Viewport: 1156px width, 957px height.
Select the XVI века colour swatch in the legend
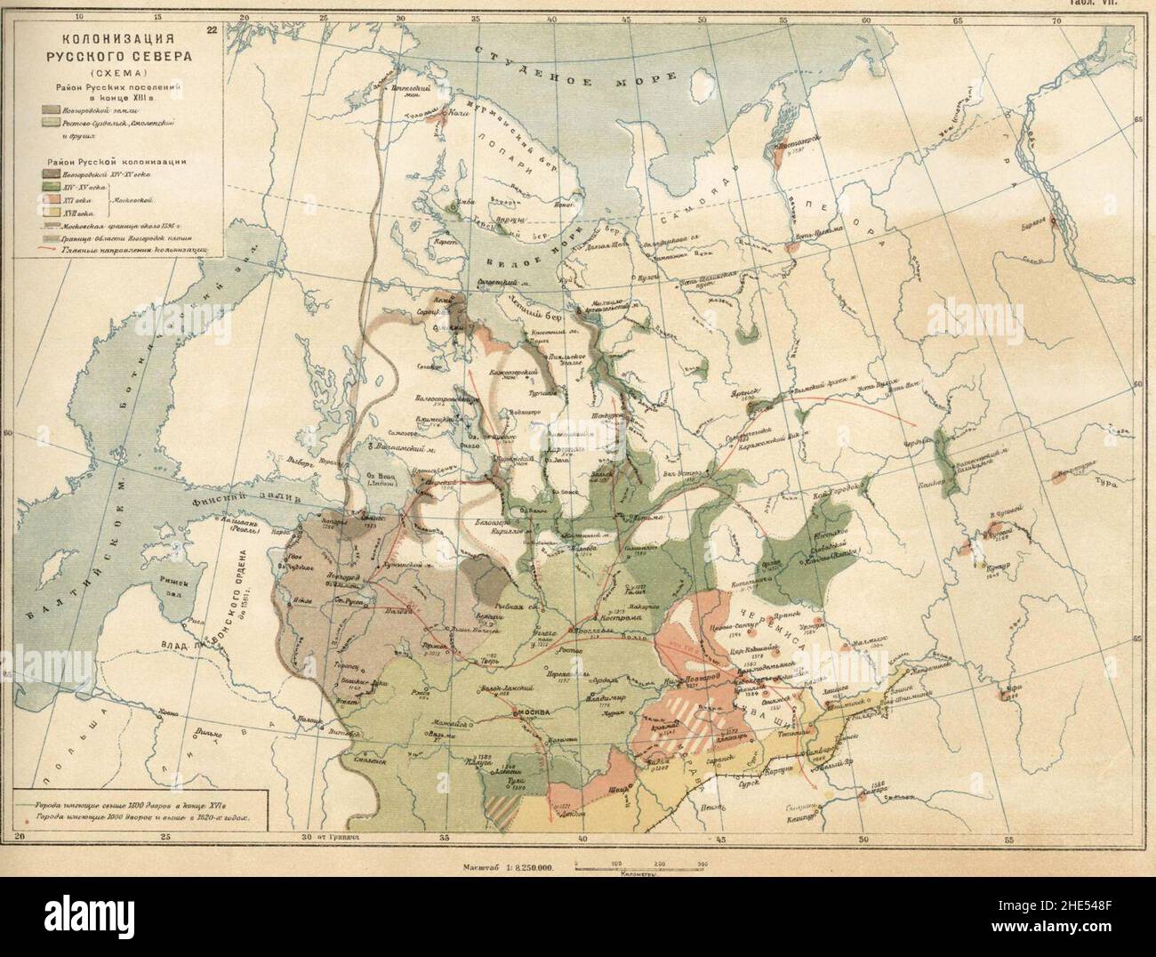point(49,201)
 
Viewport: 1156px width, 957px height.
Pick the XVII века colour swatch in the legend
point(49,214)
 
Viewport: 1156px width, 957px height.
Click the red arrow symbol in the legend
point(49,251)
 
